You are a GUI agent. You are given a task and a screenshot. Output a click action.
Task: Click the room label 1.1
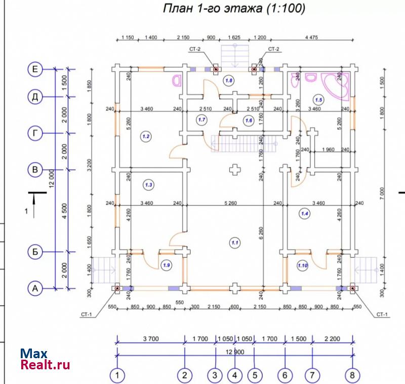tap(235, 243)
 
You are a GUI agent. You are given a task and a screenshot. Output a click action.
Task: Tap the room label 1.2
tap(146, 136)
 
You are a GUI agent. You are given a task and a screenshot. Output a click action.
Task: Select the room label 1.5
tap(318, 100)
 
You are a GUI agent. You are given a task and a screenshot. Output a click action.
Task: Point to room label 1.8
tap(229, 80)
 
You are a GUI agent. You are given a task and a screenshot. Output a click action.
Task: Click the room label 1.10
tap(303, 265)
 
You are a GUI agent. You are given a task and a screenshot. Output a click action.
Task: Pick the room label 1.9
tap(167, 265)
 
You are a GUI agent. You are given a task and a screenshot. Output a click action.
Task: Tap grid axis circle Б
tap(35, 251)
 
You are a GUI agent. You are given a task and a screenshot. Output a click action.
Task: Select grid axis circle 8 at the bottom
tap(352, 375)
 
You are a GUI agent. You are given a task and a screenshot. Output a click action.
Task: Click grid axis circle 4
tap(234, 375)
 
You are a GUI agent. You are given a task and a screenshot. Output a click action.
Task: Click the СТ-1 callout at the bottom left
tap(86, 314)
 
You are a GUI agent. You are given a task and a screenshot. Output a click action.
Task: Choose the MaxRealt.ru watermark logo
tap(45, 359)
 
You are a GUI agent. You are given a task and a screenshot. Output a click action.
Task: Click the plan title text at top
tap(234, 9)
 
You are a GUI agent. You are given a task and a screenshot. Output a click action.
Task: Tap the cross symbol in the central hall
tap(234, 169)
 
